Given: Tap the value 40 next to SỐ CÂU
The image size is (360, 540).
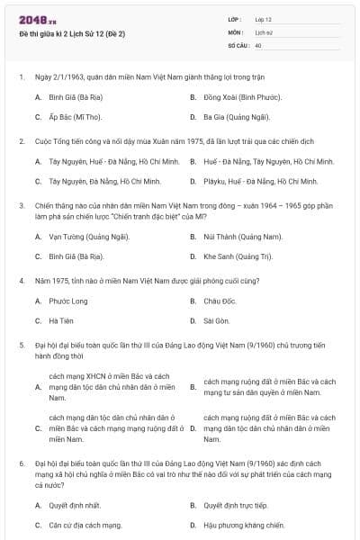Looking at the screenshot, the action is click(258, 44).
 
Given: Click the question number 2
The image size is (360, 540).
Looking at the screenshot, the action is click(22, 141).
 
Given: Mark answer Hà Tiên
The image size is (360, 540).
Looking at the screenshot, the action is click(61, 320).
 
